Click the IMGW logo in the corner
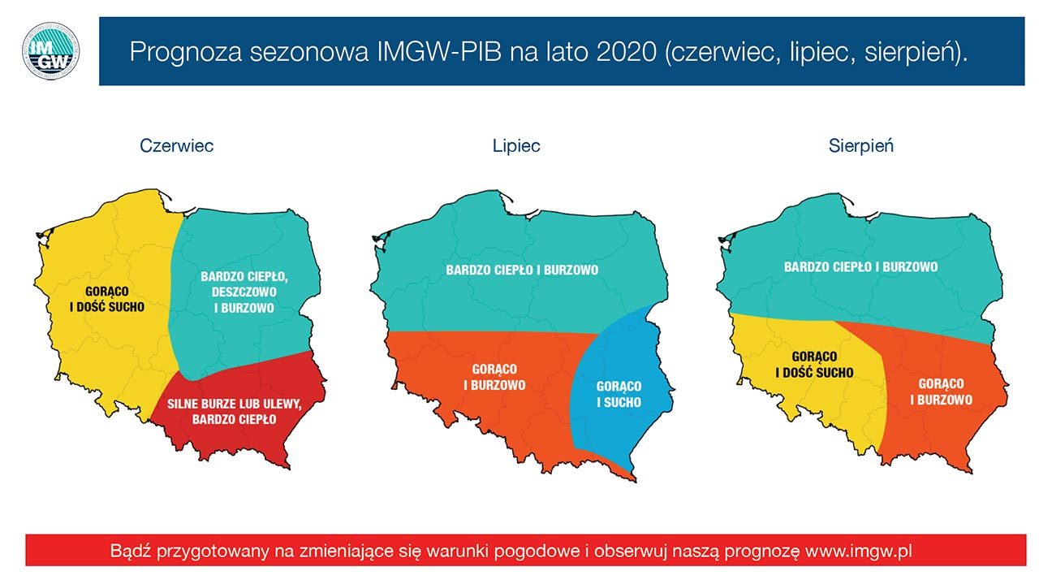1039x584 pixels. point(50,50)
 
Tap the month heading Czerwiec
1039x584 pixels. point(176,146)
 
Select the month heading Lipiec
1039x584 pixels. point(516,146)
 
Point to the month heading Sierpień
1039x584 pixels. point(861,146)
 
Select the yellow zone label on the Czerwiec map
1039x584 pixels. point(107,299)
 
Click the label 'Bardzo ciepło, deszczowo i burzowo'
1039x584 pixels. point(244,292)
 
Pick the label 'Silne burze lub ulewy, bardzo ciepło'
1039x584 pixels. point(234,412)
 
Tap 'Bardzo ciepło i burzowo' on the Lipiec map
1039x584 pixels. point(522,269)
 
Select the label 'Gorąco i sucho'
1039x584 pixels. point(619,394)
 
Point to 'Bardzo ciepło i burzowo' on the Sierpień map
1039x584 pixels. point(860,266)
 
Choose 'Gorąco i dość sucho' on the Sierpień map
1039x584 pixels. point(814,365)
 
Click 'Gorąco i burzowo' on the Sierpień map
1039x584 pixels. point(941,391)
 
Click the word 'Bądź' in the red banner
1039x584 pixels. point(129,550)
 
